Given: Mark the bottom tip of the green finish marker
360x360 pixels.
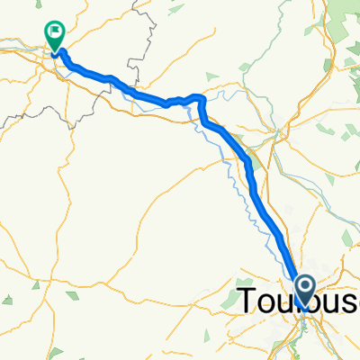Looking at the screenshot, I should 56,52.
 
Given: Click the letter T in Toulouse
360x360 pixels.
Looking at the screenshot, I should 248,301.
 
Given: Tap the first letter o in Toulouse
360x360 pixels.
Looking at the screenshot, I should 265,304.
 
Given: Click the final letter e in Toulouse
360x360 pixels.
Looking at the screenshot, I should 354,304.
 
